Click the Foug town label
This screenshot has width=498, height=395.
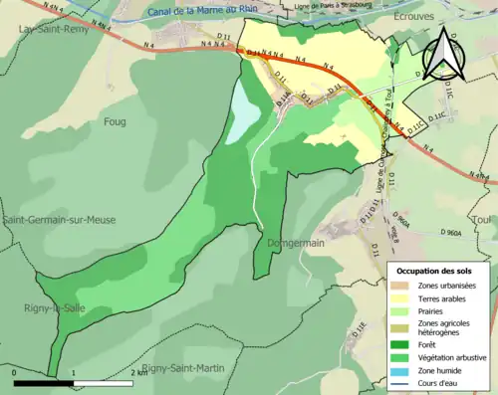coord(115,123)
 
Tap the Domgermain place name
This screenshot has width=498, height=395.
coord(295,243)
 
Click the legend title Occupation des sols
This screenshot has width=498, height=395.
coord(436,271)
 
